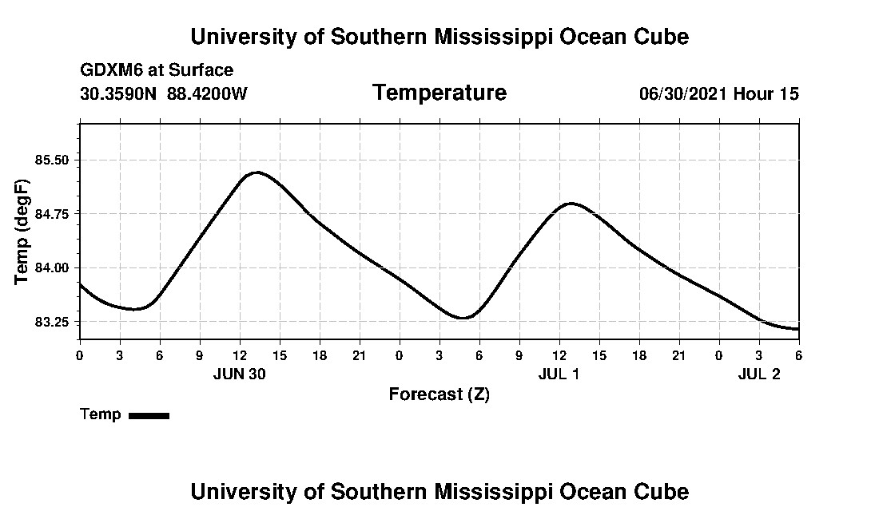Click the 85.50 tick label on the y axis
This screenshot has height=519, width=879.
tap(53, 160)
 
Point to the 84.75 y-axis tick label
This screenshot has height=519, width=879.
tap(53, 214)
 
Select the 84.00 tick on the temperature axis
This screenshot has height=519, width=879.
tap(53, 268)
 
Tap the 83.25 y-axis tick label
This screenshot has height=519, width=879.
tap(53, 322)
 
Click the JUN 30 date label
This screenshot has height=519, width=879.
tap(240, 374)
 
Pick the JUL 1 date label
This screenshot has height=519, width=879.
tap(559, 374)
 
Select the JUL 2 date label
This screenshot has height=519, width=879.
tap(758, 374)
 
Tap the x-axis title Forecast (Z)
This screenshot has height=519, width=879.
tap(439, 394)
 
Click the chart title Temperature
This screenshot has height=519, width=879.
tap(439, 93)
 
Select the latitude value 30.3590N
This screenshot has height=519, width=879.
tap(119, 93)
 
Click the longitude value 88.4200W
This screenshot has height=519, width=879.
tap(207, 93)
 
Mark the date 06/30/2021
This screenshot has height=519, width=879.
tap(683, 93)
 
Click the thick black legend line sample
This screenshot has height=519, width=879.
tap(149, 415)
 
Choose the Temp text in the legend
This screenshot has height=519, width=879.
tap(101, 414)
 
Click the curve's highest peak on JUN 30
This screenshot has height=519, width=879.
tap(256, 172)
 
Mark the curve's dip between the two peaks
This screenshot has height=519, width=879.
tap(463, 318)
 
